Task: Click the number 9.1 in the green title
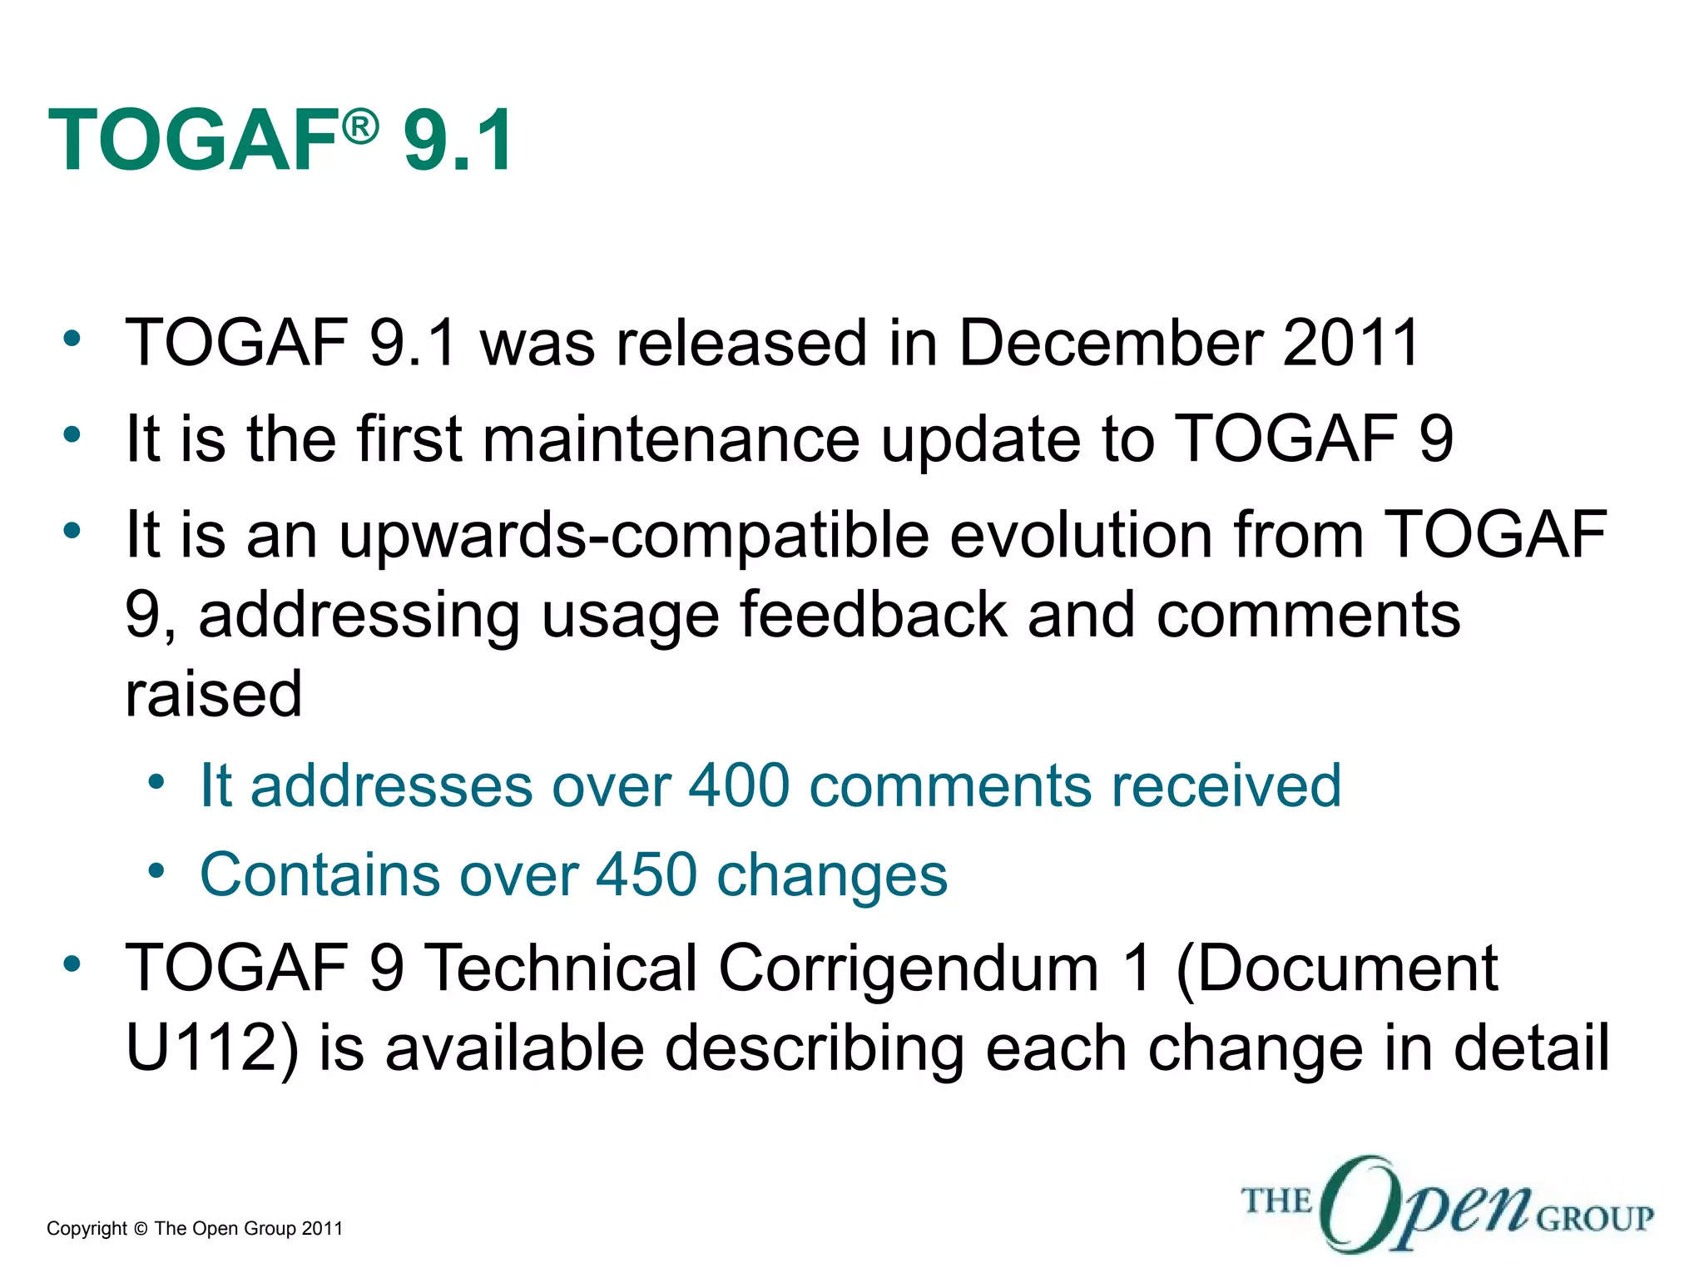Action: click(458, 141)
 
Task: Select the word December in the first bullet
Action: click(1110, 342)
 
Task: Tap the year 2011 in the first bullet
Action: click(1350, 342)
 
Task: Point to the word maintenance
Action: click(671, 438)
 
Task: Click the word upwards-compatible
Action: click(633, 535)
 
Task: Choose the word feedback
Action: click(873, 615)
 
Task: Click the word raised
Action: click(213, 694)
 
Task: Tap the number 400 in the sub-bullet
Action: click(739, 785)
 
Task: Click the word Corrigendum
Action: click(909, 968)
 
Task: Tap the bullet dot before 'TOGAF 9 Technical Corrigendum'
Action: click(72, 964)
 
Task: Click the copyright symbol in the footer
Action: click(140, 1229)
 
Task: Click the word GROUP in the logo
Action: click(1594, 1219)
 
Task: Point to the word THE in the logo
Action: click(1276, 1201)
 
